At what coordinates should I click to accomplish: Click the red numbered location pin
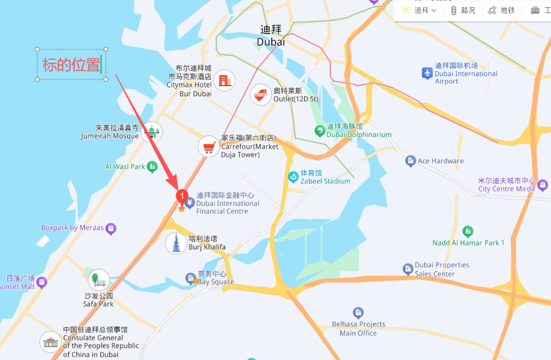(182, 196)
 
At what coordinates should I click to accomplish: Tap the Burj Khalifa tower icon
(176, 243)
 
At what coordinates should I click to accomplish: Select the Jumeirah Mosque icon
(152, 132)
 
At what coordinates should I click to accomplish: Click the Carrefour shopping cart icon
(208, 147)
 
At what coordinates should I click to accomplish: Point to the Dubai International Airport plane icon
(427, 73)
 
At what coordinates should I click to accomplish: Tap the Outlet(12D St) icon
(261, 94)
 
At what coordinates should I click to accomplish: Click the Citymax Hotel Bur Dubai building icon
(224, 80)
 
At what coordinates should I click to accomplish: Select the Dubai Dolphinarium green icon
(319, 131)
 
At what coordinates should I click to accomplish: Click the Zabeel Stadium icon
(293, 177)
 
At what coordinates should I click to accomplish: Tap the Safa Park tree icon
(98, 280)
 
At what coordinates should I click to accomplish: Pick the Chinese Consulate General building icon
(51, 342)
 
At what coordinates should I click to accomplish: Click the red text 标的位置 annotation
(71, 65)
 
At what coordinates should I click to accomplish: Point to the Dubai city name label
(271, 36)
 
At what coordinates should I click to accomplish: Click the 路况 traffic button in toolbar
(463, 10)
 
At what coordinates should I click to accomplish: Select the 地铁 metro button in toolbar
(502, 10)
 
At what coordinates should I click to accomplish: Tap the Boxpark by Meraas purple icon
(111, 229)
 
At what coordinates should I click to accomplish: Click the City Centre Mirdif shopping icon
(542, 185)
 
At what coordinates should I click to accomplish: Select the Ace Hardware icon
(411, 161)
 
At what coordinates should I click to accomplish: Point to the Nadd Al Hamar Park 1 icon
(468, 232)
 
